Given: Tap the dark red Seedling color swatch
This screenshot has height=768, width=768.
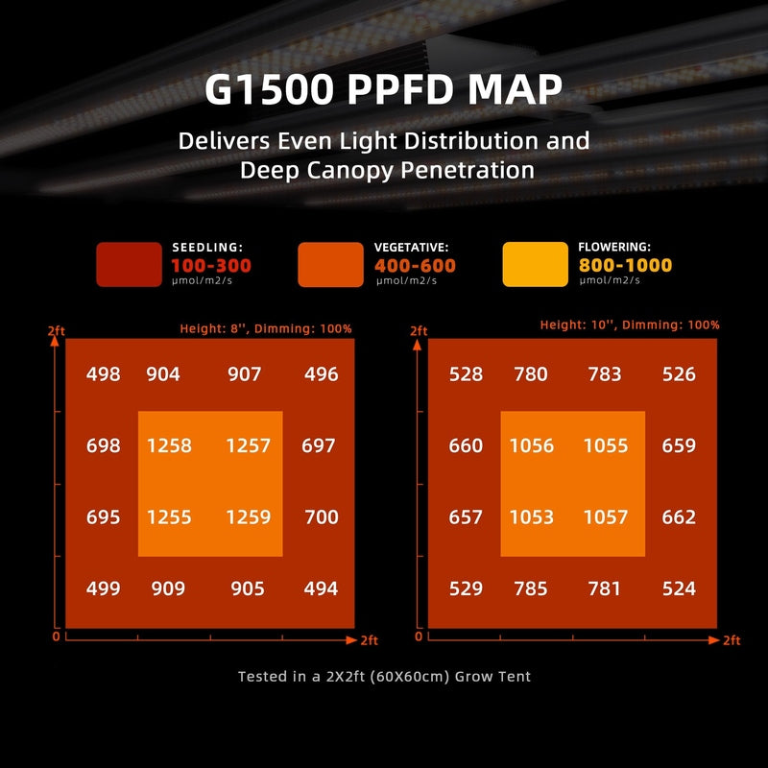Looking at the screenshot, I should (129, 264).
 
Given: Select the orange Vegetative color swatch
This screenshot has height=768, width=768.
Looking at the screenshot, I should (331, 264).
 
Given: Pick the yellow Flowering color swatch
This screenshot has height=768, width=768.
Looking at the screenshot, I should (535, 264).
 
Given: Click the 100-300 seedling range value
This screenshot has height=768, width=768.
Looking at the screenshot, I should (211, 266).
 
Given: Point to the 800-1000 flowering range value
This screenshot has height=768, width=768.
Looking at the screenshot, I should (625, 266).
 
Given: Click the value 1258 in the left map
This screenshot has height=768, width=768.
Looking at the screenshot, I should (169, 445).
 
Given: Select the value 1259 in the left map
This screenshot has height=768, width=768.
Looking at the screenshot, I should (248, 516).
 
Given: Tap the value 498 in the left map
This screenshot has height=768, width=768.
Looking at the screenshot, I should (104, 374).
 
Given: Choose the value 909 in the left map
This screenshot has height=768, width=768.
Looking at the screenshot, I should (169, 588).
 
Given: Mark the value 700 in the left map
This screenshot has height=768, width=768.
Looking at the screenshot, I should (321, 516).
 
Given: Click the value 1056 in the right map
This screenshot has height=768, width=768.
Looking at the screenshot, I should (531, 445).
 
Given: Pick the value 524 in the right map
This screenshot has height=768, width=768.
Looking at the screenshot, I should (679, 588).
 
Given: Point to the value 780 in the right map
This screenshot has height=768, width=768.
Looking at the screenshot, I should (531, 374).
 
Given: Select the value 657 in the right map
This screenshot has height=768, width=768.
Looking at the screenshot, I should (466, 516).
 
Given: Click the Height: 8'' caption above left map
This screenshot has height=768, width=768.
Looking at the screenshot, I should (266, 328).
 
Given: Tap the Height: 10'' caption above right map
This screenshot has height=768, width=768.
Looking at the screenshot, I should (630, 324).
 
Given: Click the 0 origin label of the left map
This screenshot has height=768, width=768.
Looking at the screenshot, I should (56, 636).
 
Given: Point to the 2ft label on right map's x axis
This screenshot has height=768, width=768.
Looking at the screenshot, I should (731, 639).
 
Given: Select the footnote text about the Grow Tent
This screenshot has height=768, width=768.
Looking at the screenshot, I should (384, 676).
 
